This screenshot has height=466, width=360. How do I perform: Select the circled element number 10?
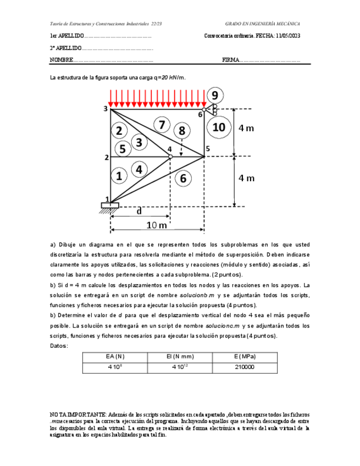tap(218, 127)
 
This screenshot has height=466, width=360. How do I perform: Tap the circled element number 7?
tap(161, 125)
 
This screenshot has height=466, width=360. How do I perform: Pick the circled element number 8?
tap(181, 131)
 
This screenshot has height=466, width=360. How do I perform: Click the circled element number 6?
tap(183, 177)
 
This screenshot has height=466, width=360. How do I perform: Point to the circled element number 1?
tap(118, 176)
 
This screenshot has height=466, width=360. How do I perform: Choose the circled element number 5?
tap(122, 148)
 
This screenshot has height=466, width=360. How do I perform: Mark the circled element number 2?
tap(119, 130)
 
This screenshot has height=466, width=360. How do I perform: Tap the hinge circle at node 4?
tap(170, 157)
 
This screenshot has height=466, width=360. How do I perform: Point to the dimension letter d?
tap(139, 211)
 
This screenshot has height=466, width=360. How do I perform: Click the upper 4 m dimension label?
tap(246, 129)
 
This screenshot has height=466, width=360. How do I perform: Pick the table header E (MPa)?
tap(244, 357)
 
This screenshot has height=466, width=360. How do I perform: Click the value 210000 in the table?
tap(244, 367)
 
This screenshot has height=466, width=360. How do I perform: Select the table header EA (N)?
tap(115, 357)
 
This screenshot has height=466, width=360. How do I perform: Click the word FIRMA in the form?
tap(231, 60)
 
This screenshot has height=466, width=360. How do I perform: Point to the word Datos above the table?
tap(59, 346)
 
